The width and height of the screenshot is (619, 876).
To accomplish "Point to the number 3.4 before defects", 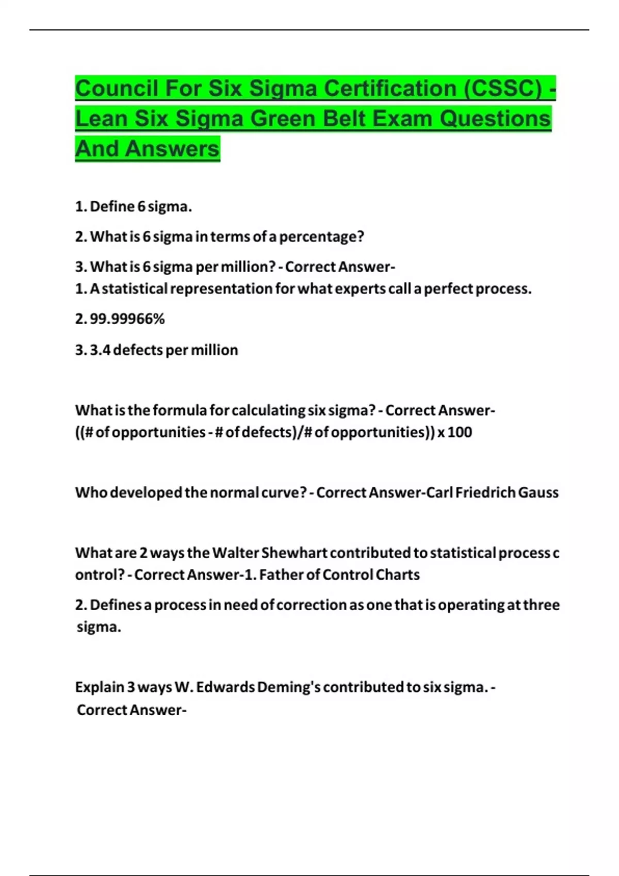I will click(x=100, y=350).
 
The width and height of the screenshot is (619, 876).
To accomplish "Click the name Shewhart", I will click(x=294, y=553).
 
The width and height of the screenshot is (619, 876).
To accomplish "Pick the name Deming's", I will click(x=289, y=687).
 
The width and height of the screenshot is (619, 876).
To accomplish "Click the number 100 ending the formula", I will click(x=460, y=432).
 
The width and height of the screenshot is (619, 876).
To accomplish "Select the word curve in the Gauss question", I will click(x=284, y=493).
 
